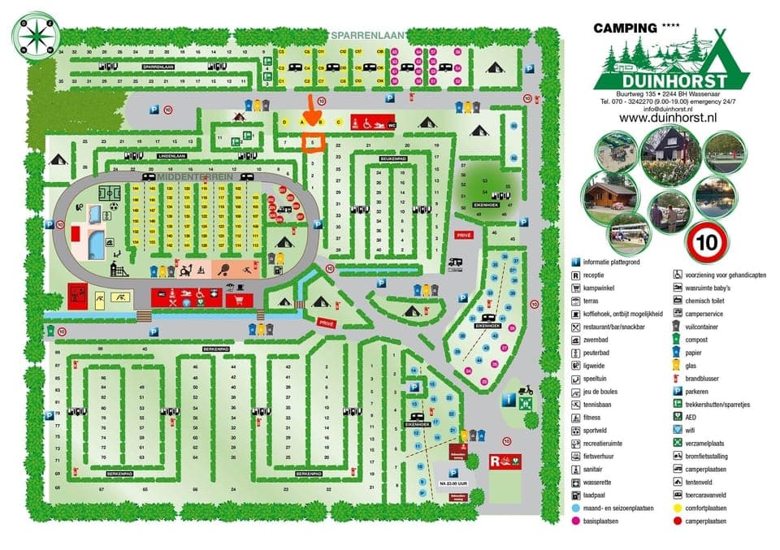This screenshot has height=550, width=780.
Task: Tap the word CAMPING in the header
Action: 625,28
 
